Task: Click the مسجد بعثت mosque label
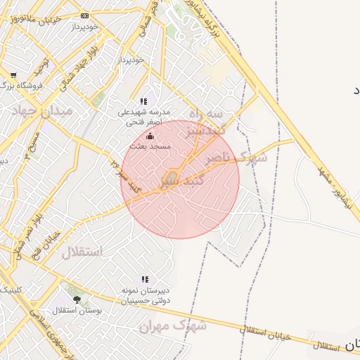(x=150, y=146)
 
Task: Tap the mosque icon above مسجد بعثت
(x=150, y=136)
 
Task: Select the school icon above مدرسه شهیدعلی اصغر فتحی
(x=144, y=101)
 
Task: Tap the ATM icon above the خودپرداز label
(x=85, y=15)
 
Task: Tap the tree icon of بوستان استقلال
(x=77, y=300)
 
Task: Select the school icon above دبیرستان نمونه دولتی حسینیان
(x=145, y=279)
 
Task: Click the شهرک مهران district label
(x=172, y=326)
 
